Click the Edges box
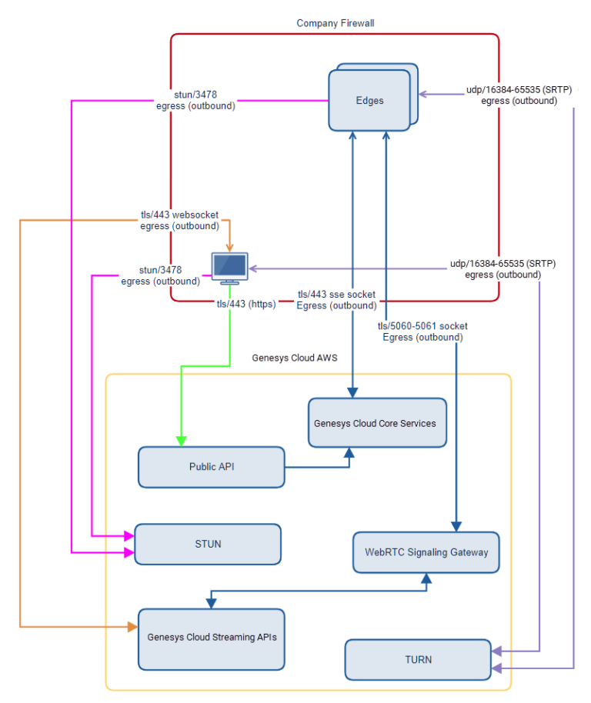(369, 100)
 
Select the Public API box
(212, 467)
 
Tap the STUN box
(208, 544)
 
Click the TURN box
(418, 659)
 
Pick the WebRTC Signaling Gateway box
(426, 552)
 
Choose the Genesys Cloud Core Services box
(377, 423)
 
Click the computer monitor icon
(230, 266)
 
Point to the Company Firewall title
(336, 23)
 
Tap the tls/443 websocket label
(179, 221)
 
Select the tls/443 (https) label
(245, 304)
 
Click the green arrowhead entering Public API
(182, 441)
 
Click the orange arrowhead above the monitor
(230, 247)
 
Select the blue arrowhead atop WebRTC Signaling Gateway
(456, 527)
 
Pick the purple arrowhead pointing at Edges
(423, 95)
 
